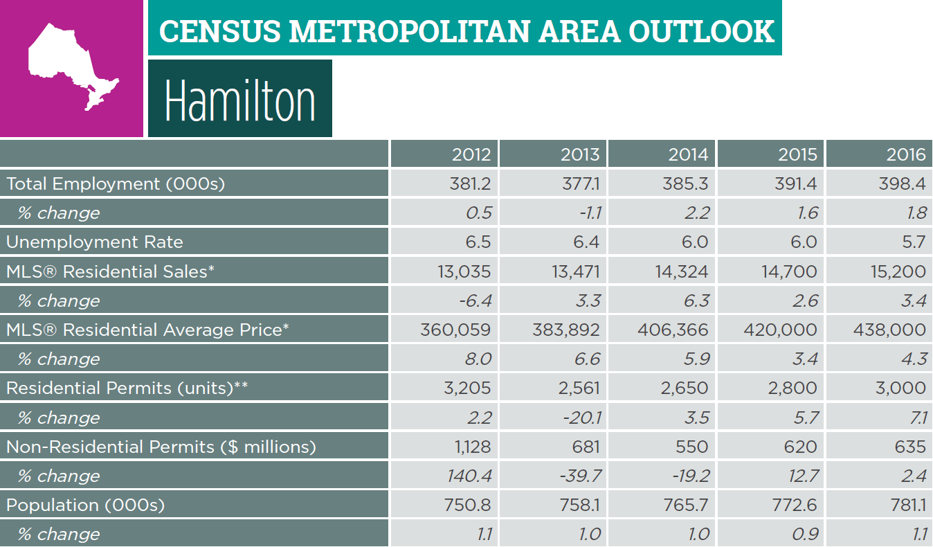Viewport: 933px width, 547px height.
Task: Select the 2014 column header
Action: tap(688, 154)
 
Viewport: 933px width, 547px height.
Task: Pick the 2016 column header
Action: tap(905, 154)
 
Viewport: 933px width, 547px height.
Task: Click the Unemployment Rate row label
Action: tap(95, 242)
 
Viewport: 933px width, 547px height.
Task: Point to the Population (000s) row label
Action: tap(86, 505)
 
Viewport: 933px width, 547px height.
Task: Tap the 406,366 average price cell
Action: tap(672, 330)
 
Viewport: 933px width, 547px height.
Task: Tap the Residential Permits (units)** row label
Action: tap(127, 388)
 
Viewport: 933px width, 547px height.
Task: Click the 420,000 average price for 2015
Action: tap(780, 330)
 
